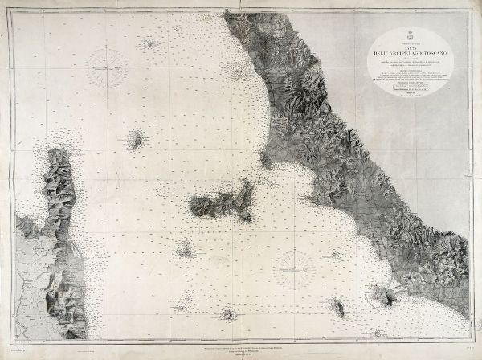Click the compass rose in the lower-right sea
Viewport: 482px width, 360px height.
point(294,269)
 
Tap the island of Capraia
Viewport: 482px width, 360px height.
point(137,139)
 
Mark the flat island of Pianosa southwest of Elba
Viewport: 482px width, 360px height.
point(184,250)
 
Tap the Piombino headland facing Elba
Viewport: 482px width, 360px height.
point(264,159)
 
